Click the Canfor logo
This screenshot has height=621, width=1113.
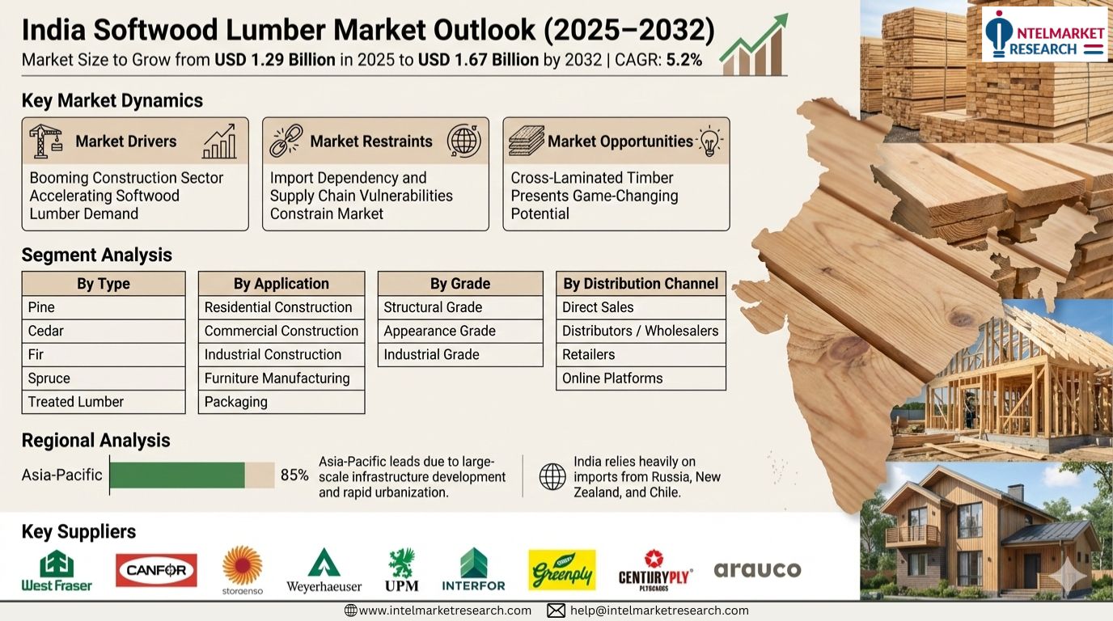(157, 570)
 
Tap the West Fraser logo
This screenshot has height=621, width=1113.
(57, 571)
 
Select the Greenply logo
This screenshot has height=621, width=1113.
(562, 570)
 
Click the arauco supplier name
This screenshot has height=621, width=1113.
(757, 570)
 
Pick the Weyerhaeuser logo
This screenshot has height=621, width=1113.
(324, 571)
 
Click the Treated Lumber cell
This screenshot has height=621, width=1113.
(104, 402)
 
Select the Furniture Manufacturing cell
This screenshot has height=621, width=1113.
(281, 378)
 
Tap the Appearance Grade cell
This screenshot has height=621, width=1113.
(460, 331)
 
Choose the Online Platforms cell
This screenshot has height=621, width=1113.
(641, 378)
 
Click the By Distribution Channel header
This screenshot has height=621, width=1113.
(641, 284)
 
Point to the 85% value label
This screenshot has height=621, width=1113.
(294, 475)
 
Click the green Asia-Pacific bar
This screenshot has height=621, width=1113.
(177, 475)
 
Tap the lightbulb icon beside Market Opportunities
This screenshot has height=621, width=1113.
(710, 141)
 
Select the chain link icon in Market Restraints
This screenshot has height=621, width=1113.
(286, 141)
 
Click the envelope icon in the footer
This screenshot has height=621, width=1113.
(556, 610)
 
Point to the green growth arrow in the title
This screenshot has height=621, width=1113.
(754, 44)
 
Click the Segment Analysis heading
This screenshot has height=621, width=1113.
(97, 255)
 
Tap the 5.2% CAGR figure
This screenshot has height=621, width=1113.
(683, 60)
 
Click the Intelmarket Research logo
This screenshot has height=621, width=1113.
(1043, 35)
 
